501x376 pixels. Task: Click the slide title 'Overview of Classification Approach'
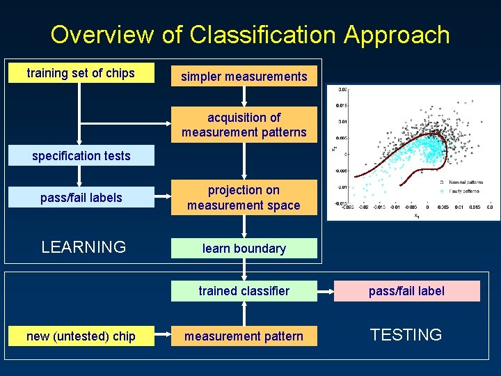pos(250,34)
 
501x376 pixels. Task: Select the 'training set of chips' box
pos(81,73)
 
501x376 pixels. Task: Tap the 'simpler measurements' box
pos(244,77)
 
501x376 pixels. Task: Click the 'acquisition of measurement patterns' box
pos(244,125)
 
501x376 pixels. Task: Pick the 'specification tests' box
pos(81,156)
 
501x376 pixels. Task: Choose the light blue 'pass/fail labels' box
pos(81,198)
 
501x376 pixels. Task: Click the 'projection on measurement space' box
pos(244,198)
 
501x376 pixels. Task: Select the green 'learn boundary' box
pos(244,249)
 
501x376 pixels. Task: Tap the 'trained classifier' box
pos(244,291)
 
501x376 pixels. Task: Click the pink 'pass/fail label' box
pos(406,291)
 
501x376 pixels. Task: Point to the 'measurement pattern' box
pos(244,336)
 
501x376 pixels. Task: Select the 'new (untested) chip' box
pos(81,336)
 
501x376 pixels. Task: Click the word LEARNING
pos(83,247)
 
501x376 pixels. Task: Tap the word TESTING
pos(406,335)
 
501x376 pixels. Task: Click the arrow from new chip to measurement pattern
pos(163,336)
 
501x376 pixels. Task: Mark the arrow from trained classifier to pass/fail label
pos(325,291)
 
